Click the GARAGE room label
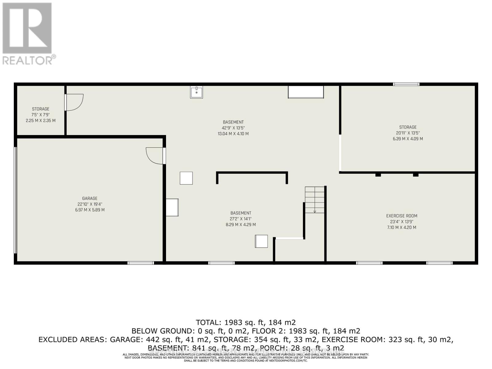pyautogui.click(x=89, y=198)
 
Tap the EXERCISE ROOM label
pyautogui.click(x=402, y=216)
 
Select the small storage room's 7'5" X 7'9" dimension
pyautogui.click(x=41, y=115)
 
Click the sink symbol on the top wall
pyautogui.click(x=196, y=92)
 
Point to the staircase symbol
pyautogui.click(x=315, y=200)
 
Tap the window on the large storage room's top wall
pyautogui.click(x=406, y=84)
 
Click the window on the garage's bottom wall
pyautogui.click(x=141, y=263)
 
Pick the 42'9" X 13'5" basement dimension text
pyautogui.click(x=233, y=128)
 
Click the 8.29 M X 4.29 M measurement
pyautogui.click(x=240, y=225)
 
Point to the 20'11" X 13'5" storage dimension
pyautogui.click(x=408, y=133)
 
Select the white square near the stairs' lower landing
pyautogui.click(x=261, y=241)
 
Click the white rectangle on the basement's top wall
pyautogui.click(x=306, y=92)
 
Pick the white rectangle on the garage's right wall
pyautogui.click(x=172, y=207)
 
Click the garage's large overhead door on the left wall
pyautogui.click(x=16, y=200)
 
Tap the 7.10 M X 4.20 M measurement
pyautogui.click(x=402, y=228)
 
